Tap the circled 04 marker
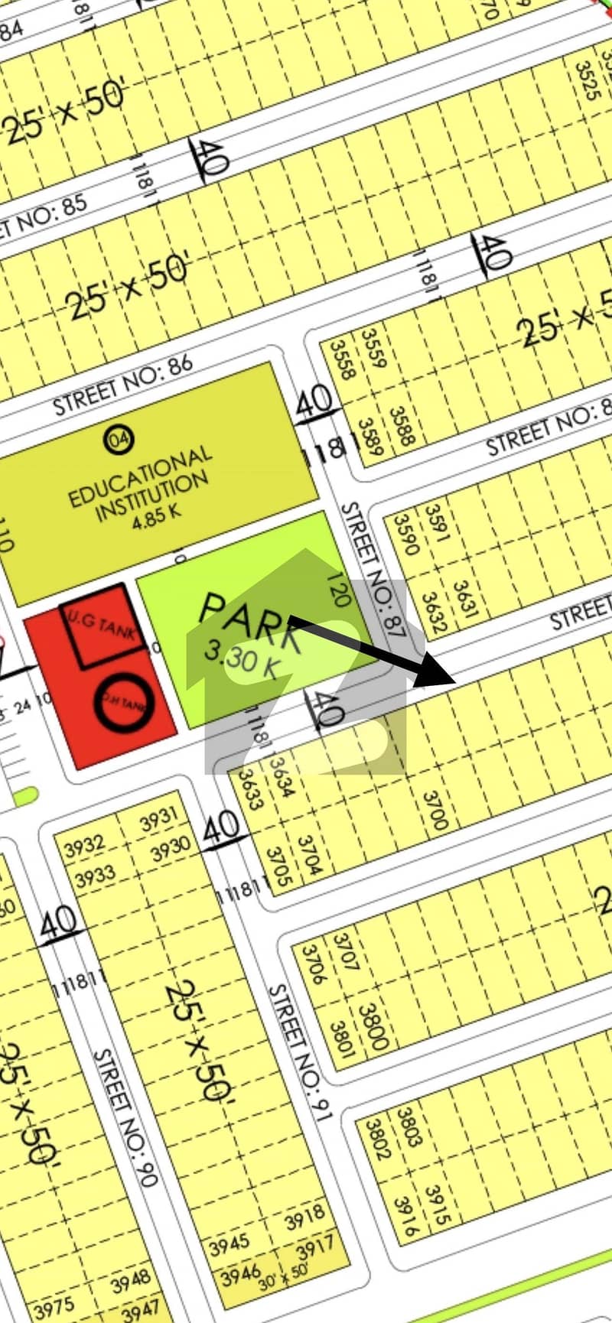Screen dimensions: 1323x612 (119, 439)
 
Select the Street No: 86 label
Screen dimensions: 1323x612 (123, 385)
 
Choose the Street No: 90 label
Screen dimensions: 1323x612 (125, 1117)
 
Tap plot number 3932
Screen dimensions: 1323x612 (84, 847)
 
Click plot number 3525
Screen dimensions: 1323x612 (588, 81)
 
